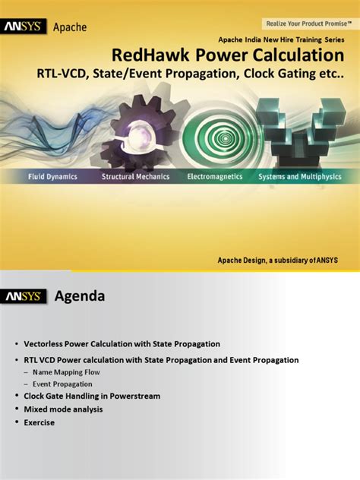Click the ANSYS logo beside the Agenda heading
click(26, 295)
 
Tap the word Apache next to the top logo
click(69, 27)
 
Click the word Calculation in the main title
click(296, 55)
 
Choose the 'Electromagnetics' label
click(215, 176)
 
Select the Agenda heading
click(79, 295)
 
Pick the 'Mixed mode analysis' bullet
click(63, 409)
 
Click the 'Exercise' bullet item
click(39, 422)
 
